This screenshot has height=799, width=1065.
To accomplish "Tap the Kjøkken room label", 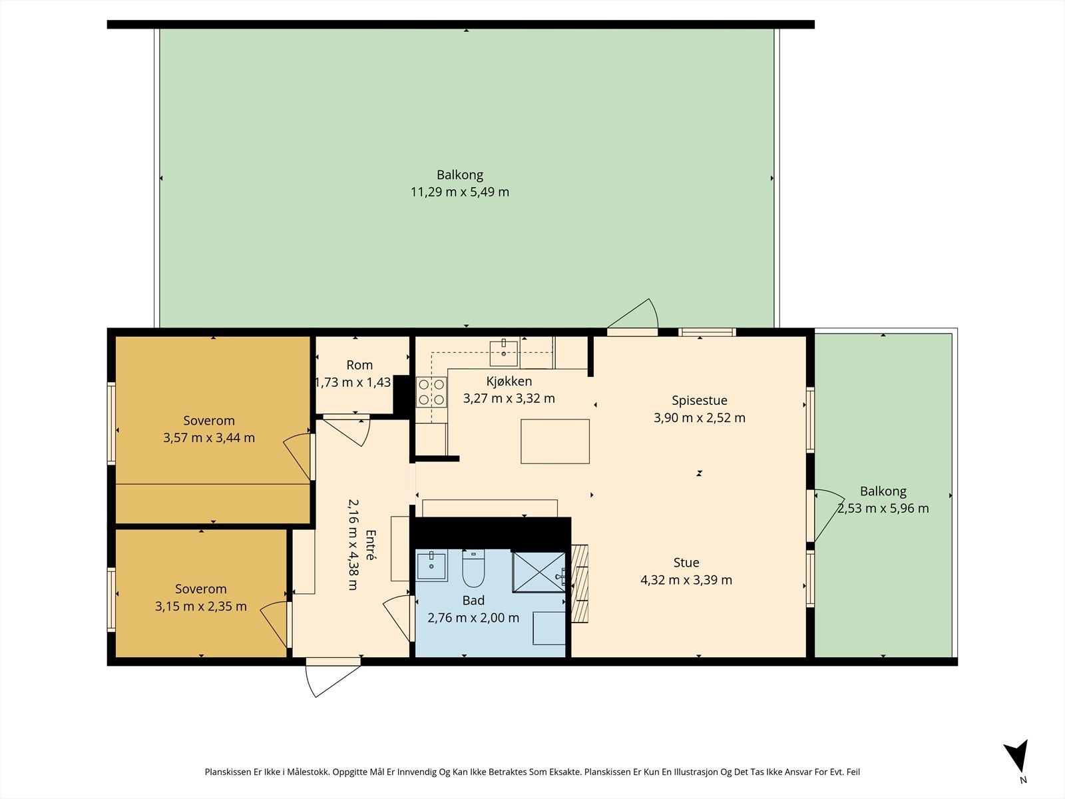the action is [x=509, y=382].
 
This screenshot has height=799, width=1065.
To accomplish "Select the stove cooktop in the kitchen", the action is [x=431, y=392].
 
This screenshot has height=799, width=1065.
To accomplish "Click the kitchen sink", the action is [x=504, y=353].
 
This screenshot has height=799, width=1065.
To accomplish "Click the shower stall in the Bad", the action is [x=539, y=572].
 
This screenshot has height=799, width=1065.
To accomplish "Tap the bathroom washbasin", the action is [x=431, y=565].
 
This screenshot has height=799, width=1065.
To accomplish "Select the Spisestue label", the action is [x=699, y=400].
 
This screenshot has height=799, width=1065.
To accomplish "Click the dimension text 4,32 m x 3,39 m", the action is [x=686, y=580].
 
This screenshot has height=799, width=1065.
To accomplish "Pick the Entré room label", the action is [x=371, y=544].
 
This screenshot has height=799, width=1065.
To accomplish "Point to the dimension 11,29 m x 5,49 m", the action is [x=460, y=192].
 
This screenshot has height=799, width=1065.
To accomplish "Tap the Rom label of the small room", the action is [x=359, y=365].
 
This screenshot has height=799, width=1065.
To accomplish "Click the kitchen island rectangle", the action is [x=555, y=441].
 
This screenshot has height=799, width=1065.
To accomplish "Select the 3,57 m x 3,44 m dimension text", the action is [x=208, y=437].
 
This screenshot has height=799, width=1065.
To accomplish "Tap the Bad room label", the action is [x=473, y=601].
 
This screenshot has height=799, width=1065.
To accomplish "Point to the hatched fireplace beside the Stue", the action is [x=580, y=584].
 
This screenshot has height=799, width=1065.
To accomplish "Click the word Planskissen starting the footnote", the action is [x=228, y=772].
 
